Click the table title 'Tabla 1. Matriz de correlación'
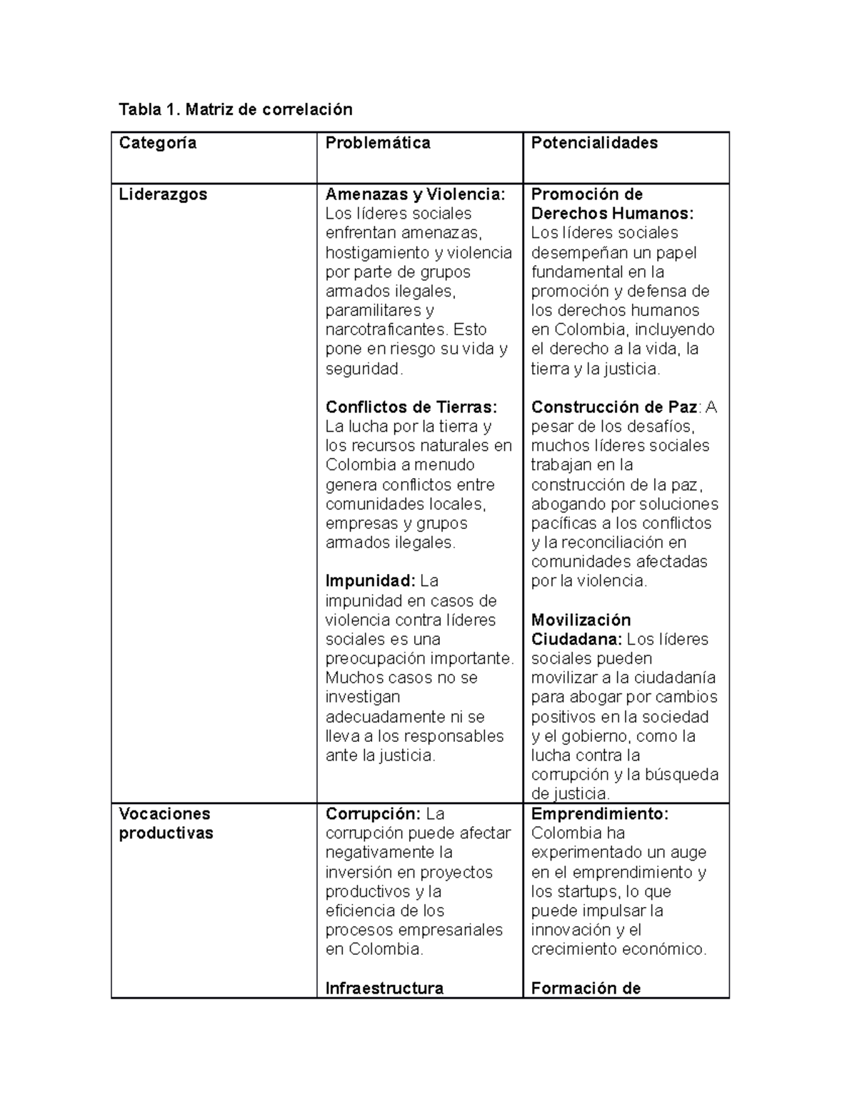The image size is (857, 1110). (235, 109)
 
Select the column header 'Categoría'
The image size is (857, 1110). (157, 143)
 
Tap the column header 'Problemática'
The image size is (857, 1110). (378, 143)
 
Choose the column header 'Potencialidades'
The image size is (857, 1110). (594, 143)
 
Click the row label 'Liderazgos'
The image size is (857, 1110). (163, 194)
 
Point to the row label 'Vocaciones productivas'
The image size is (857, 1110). (166, 823)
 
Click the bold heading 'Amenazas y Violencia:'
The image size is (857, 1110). (415, 194)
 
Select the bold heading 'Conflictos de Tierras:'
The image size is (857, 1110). (411, 407)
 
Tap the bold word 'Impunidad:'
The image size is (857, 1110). (370, 580)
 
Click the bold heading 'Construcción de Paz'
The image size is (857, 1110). (614, 407)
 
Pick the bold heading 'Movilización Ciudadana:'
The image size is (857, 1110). (581, 630)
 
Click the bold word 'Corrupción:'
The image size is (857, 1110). (374, 814)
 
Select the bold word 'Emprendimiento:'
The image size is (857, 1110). (599, 814)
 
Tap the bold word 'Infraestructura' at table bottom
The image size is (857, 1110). (384, 988)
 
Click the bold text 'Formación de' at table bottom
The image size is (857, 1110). (586, 988)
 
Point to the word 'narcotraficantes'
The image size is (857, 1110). (386, 330)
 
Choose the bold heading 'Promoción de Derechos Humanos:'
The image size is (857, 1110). (612, 204)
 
